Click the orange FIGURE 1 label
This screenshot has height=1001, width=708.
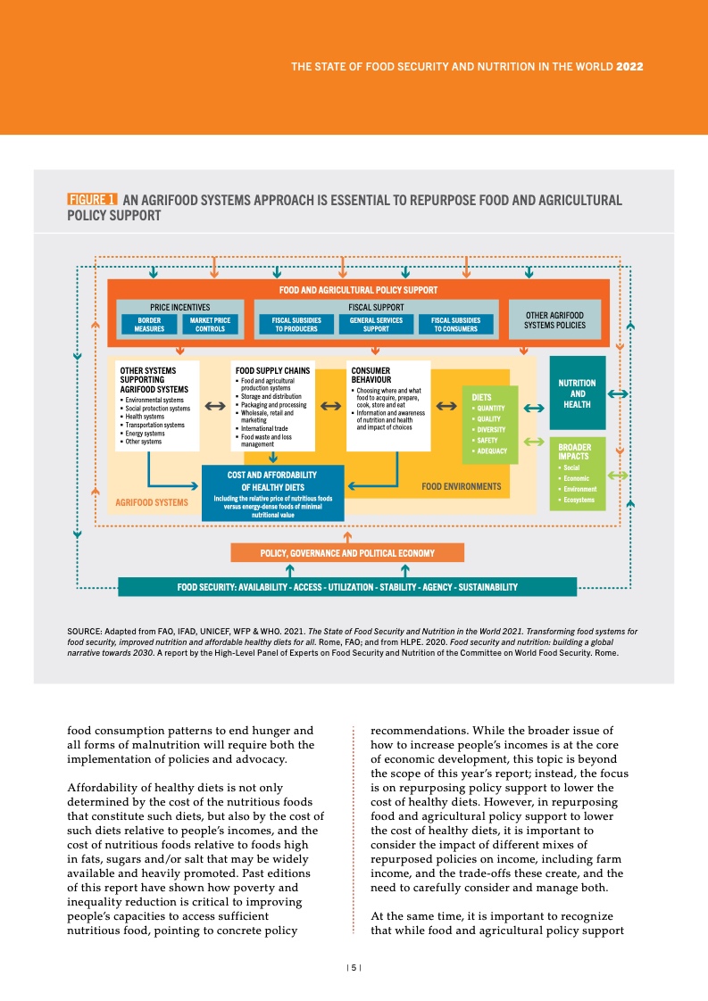[x=92, y=200]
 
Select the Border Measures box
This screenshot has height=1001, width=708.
[x=148, y=324]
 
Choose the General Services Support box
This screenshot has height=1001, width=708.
[x=376, y=324]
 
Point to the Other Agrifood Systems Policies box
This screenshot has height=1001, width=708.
[x=554, y=319]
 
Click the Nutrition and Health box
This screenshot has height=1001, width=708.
[x=577, y=393]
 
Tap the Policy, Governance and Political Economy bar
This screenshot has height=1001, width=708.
[x=347, y=553]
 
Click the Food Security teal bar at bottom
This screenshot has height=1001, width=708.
[x=347, y=587]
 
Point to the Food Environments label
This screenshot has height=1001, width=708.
[x=461, y=487]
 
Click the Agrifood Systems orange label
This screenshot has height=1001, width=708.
[x=152, y=502]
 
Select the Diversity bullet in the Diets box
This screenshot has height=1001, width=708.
[x=490, y=429]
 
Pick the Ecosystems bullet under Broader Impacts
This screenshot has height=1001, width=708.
[x=578, y=500]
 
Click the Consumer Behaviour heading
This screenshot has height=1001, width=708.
[x=371, y=375]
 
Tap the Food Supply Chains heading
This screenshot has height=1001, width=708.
[x=271, y=369]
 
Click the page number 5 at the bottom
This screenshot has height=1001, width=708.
[x=354, y=967]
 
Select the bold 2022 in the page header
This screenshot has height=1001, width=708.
[x=630, y=67]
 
